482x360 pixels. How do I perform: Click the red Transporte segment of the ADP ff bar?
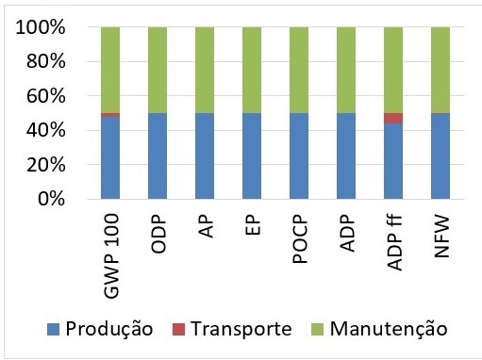click(x=393, y=118)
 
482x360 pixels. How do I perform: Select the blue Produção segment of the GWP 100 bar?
click(x=110, y=158)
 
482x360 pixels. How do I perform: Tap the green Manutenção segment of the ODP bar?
click(x=158, y=70)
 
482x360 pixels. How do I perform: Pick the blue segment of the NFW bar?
click(x=440, y=156)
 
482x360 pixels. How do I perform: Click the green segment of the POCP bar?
click(x=299, y=70)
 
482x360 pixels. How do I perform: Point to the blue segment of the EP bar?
click(x=252, y=156)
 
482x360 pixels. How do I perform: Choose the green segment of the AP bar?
click(x=205, y=70)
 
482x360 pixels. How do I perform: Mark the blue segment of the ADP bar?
click(x=346, y=156)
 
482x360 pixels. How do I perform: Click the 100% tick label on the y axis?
click(x=41, y=27)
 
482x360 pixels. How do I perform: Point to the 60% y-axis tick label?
click(x=46, y=96)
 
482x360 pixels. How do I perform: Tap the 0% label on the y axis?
click(x=52, y=199)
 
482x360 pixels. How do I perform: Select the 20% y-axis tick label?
click(x=46, y=164)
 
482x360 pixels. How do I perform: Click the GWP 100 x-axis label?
click(x=111, y=255)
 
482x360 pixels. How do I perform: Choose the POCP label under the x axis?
click(x=300, y=238)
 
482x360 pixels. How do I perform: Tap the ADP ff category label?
click(x=394, y=242)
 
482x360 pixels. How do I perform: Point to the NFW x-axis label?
click(x=441, y=237)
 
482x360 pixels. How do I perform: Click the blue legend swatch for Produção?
click(x=53, y=329)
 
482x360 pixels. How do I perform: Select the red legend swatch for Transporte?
click(x=179, y=329)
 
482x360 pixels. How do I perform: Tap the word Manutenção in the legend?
click(x=389, y=328)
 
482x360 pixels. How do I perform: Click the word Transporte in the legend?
click(x=241, y=329)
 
